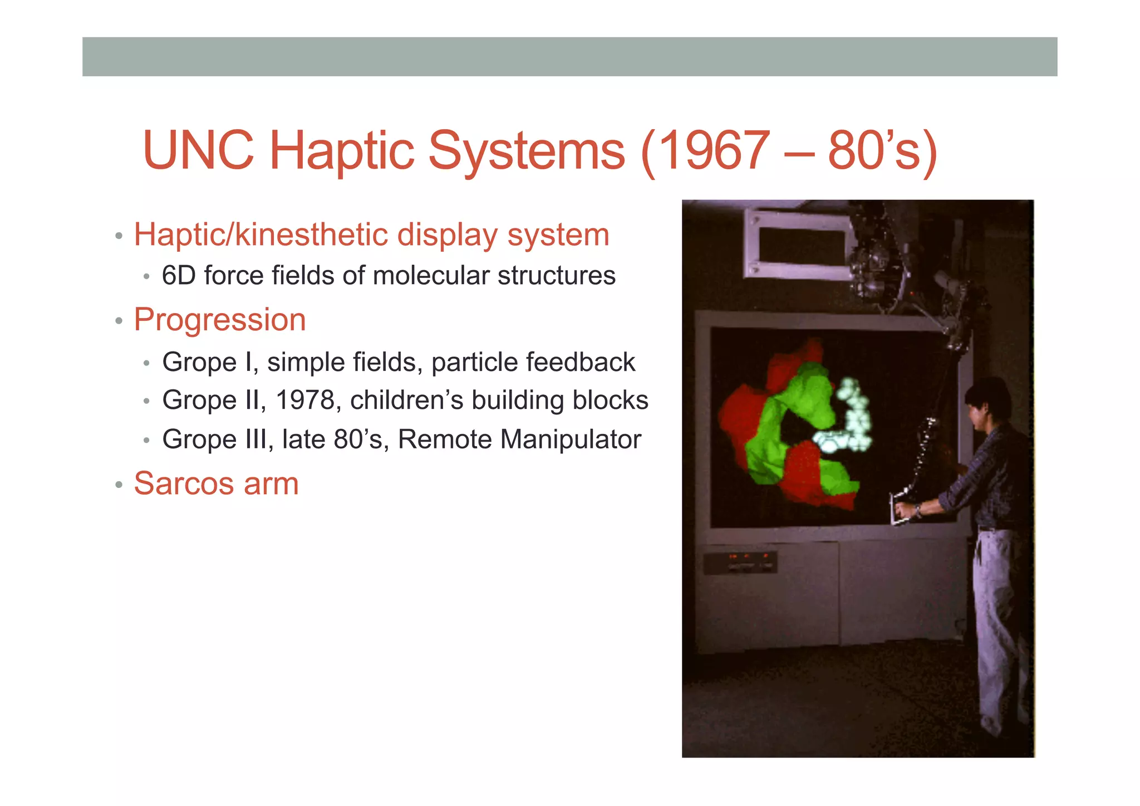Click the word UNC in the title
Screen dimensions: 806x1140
(x=198, y=150)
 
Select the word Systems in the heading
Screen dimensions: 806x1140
(x=527, y=150)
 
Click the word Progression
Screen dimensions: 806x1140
(x=220, y=320)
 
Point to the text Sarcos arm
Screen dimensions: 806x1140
(x=216, y=483)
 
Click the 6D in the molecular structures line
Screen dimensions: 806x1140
(x=178, y=276)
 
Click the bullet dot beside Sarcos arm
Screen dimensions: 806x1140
(x=119, y=485)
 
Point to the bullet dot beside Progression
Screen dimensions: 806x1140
(x=119, y=321)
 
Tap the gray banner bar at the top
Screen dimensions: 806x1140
(x=569, y=57)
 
